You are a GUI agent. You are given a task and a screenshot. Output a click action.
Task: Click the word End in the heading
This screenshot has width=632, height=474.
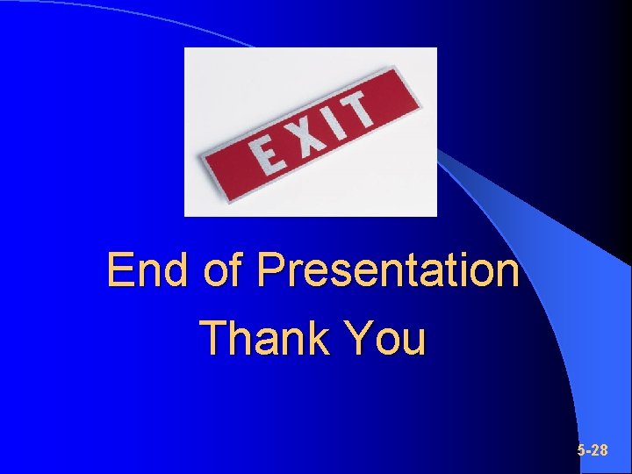pyautogui.click(x=148, y=270)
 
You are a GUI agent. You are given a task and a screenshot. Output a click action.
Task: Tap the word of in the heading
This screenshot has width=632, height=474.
pyautogui.click(x=223, y=270)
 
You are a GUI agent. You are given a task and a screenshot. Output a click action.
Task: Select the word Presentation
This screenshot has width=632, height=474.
pyautogui.click(x=387, y=270)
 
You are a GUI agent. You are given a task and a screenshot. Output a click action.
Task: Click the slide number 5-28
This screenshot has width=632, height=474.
pyautogui.click(x=592, y=450)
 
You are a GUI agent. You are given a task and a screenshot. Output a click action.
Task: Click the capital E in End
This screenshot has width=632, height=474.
pyautogui.click(x=119, y=270)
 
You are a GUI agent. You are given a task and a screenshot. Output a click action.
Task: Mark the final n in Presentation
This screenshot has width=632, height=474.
pyautogui.click(x=508, y=272)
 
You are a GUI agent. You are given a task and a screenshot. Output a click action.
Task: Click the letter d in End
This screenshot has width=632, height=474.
pyautogui.click(x=177, y=270)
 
